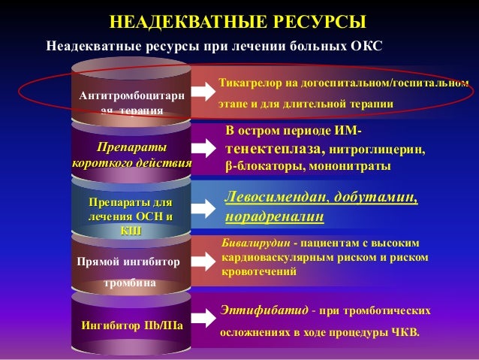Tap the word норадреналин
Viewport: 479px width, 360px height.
274,217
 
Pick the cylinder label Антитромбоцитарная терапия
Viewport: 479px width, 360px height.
131,104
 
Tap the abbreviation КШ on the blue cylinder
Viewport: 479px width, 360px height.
131,231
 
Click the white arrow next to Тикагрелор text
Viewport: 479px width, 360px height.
204,92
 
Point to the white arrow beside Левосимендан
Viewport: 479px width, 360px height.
204,206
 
